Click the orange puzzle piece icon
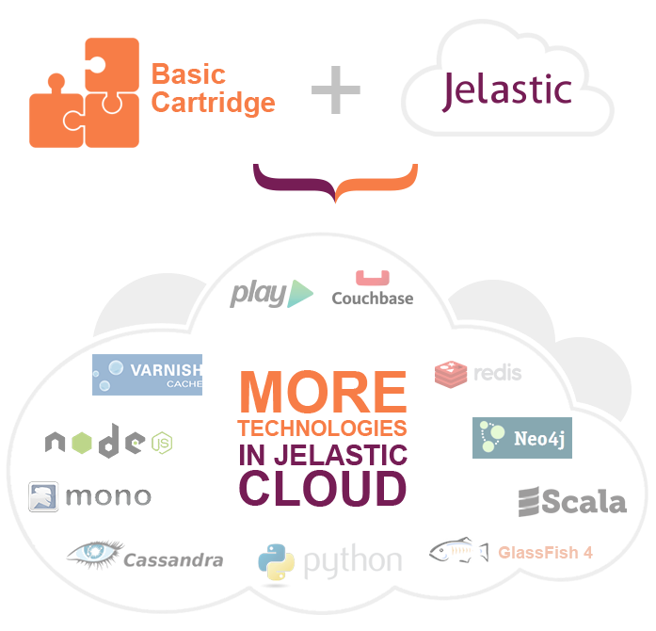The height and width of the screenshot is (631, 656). [x=84, y=92]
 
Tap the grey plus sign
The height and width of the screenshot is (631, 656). [x=336, y=89]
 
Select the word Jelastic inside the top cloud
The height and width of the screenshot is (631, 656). [x=506, y=91]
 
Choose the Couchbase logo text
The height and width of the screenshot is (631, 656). [x=373, y=299]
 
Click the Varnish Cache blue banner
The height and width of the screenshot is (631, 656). [x=147, y=375]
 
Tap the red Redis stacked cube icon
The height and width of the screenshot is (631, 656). [x=451, y=374]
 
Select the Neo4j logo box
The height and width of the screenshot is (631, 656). [x=522, y=438]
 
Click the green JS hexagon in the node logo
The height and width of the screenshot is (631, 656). [x=162, y=443]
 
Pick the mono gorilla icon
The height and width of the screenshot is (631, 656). [x=43, y=496]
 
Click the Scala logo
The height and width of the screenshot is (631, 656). [x=572, y=502]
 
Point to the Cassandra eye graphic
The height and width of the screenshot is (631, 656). [x=96, y=554]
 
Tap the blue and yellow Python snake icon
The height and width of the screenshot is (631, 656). [x=276, y=562]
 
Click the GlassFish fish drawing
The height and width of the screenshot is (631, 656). [x=459, y=550]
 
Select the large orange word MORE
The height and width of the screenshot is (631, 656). [x=323, y=393]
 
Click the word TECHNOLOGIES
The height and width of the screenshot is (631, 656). [x=322, y=429]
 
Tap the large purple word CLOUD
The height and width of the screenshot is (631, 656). [x=323, y=488]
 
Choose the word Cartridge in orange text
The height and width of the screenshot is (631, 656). [x=213, y=103]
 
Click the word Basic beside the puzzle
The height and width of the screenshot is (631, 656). [x=188, y=74]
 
